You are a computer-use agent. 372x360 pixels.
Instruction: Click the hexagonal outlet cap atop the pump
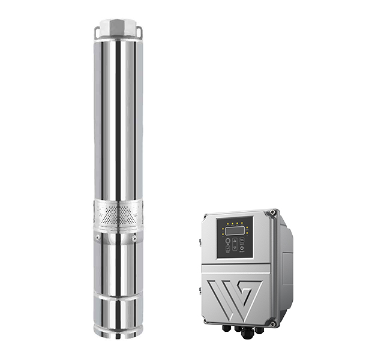pyautogui.click(x=118, y=26)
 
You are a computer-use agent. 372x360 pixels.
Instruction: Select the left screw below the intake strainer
pyautogui.click(x=101, y=239)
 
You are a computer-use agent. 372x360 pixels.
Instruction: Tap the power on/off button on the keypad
pyautogui.click(x=242, y=247)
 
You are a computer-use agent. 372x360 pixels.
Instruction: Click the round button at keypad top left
pyautogui.click(x=227, y=241)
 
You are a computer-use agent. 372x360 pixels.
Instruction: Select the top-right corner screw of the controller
pyautogui.click(x=274, y=212)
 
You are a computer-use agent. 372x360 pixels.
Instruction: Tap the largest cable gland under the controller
pyautogui.click(x=247, y=332)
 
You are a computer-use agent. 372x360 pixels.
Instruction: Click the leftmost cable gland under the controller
pyautogui.click(x=227, y=328)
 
